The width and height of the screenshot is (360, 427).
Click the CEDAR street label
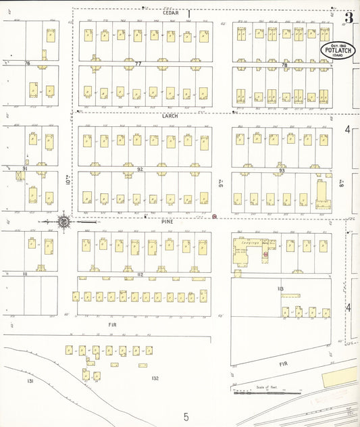coord(169,13)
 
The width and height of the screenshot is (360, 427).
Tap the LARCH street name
coord(169,116)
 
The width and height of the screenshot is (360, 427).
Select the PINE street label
coord(168,222)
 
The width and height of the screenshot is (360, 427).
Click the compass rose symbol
coord(63,221)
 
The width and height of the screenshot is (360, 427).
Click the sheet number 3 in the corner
coord(349,18)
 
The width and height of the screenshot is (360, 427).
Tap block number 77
coord(138,64)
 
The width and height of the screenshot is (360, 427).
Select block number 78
coord(284,65)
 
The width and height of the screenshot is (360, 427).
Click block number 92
coord(140,169)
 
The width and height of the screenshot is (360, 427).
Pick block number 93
coord(282,170)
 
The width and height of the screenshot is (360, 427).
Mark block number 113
coord(280,289)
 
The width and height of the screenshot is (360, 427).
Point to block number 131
coord(30,381)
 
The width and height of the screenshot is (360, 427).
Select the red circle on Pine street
coord(214,217)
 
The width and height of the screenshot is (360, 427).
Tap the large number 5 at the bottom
coord(186,416)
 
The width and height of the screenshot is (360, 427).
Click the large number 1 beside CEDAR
coord(189,13)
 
